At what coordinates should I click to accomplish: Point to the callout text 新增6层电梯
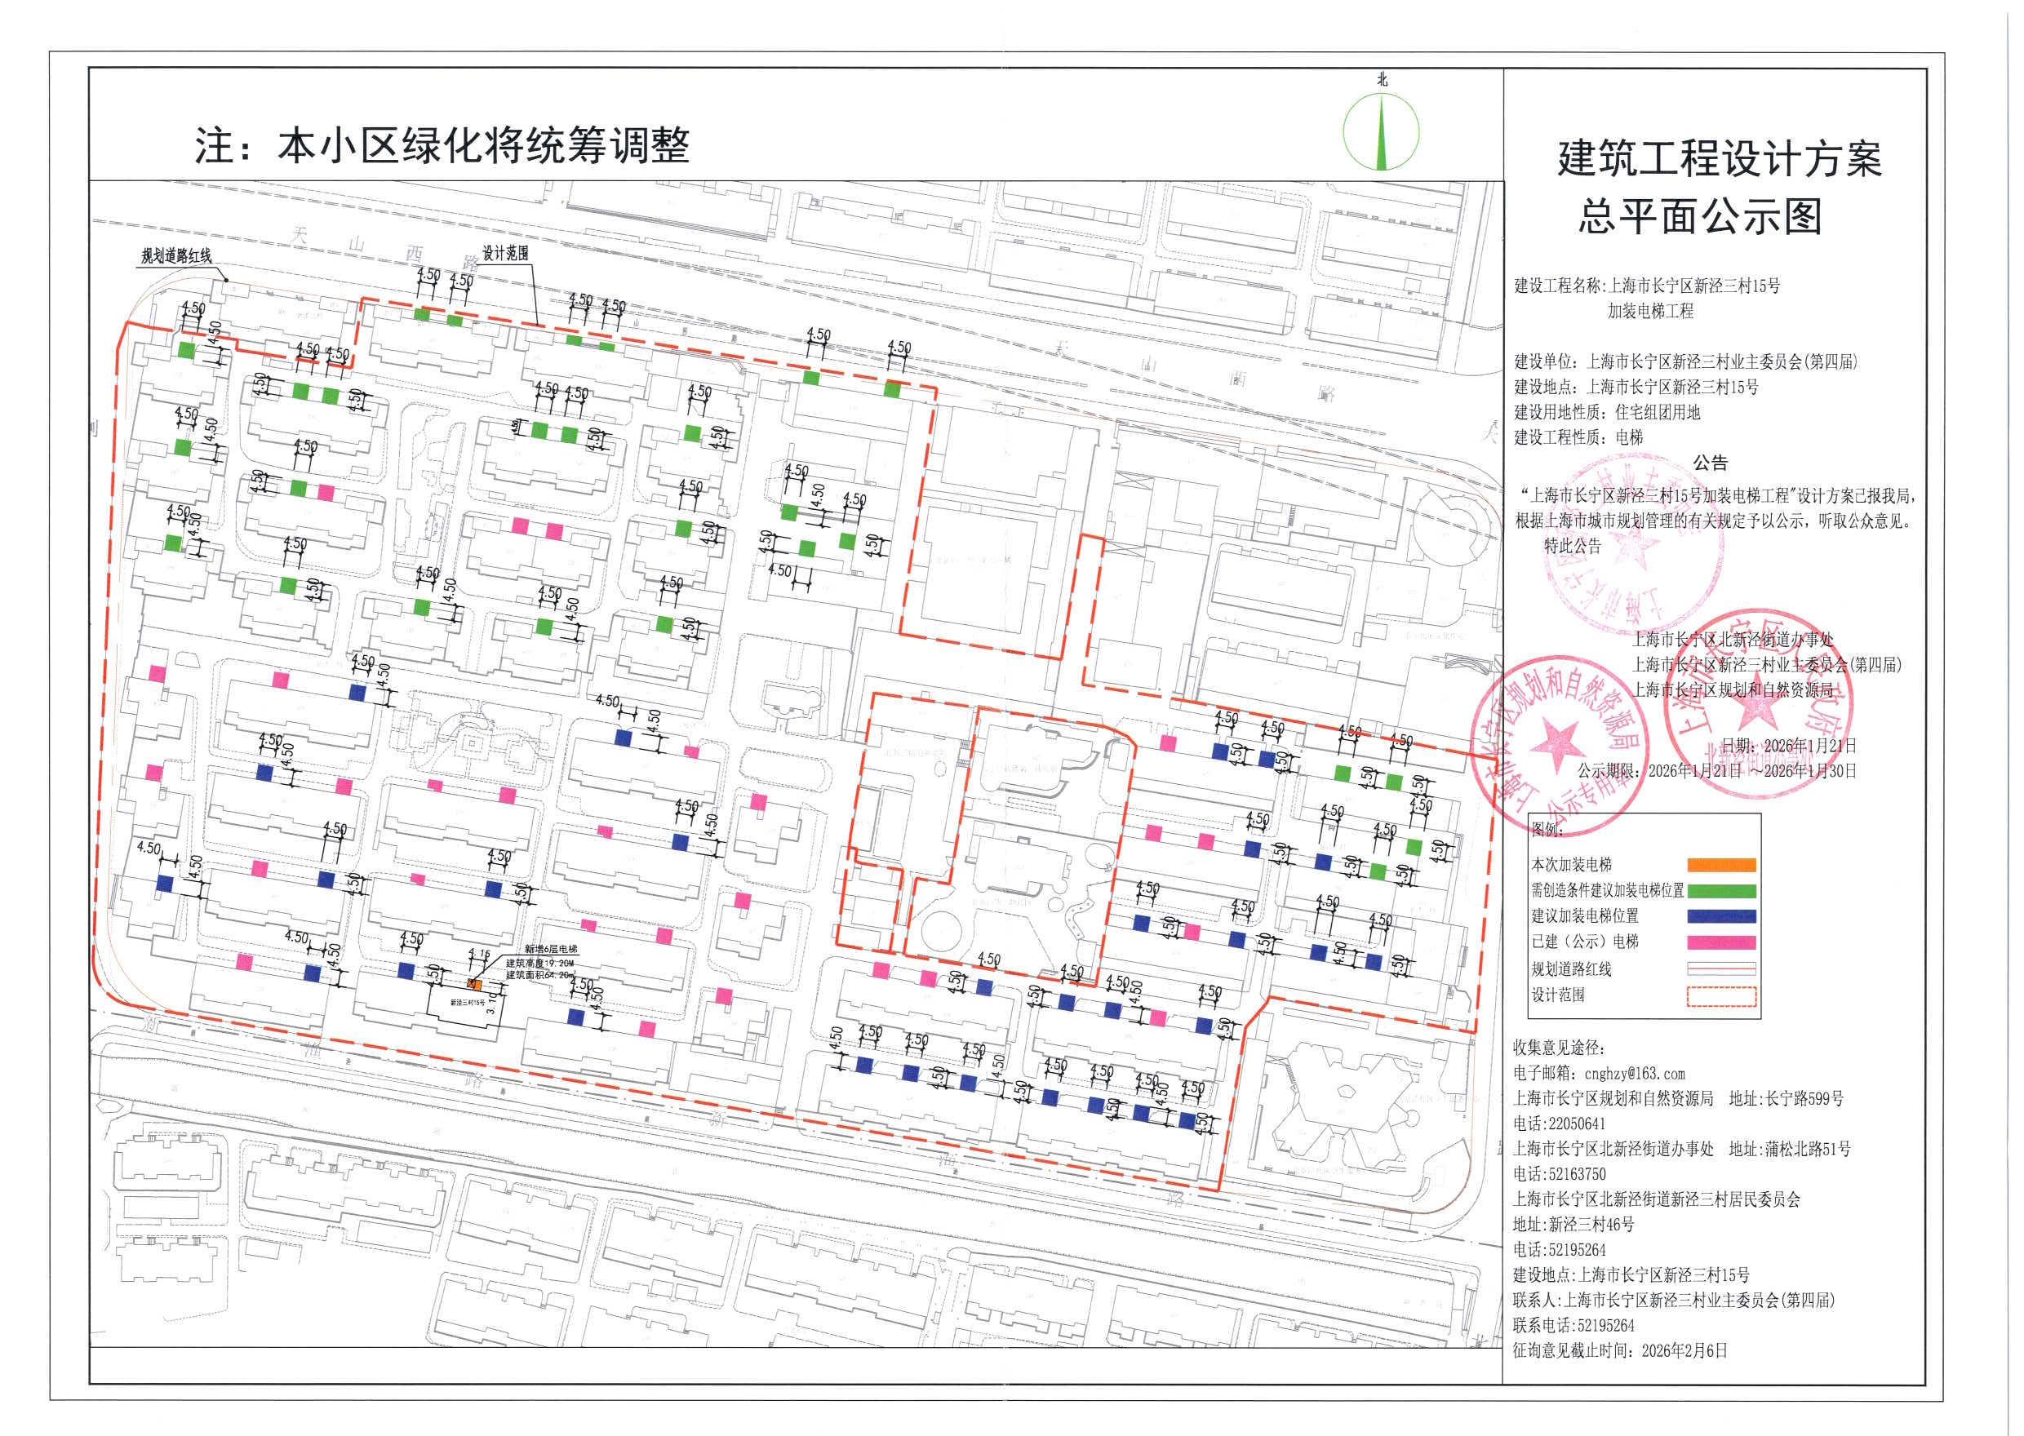click(550, 949)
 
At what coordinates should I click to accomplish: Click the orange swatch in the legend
click(1720, 865)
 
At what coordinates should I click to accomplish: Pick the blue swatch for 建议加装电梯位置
click(1720, 916)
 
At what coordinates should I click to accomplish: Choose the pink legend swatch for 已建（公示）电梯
click(1720, 942)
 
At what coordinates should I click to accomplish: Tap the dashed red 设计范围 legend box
click(1720, 995)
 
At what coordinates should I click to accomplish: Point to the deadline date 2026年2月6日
click(1684, 1350)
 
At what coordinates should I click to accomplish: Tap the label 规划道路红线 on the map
click(176, 256)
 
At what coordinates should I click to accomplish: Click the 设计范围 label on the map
click(505, 253)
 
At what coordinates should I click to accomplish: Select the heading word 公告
click(1709, 463)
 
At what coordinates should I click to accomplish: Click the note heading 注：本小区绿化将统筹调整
click(442, 146)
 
